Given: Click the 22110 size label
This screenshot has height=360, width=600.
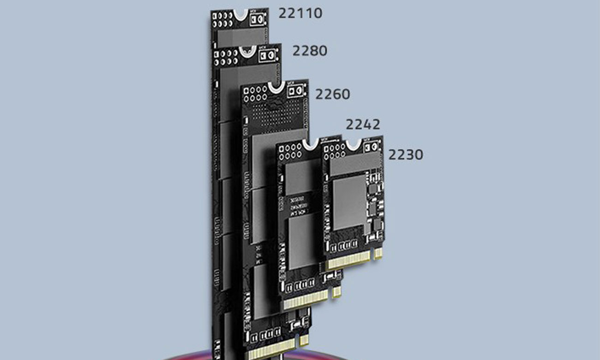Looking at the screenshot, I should coord(300,13).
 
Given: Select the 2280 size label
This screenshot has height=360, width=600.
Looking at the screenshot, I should coord(310,50).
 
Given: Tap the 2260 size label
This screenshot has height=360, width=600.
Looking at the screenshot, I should coord(332,94).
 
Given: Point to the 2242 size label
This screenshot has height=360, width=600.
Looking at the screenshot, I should coord(363,124).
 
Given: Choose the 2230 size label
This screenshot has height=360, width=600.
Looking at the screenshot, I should coord(405,155).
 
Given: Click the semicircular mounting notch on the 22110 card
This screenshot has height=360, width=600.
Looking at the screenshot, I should coord(240,14).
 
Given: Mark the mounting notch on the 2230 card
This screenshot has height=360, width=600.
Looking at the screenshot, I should coord(354,144).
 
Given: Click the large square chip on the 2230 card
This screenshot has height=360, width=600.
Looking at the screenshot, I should coord(350,203).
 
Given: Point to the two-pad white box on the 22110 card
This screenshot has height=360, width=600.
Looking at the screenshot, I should coord(257,19).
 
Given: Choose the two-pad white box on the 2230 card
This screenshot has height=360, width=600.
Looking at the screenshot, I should coord(371,147).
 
